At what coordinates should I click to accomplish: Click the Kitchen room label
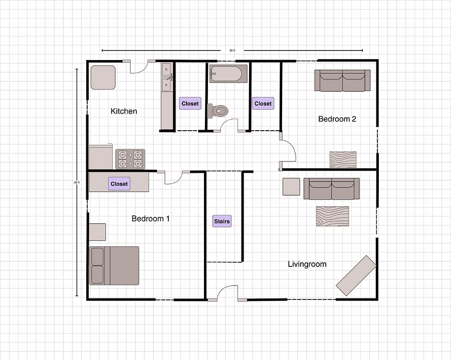point(124,111)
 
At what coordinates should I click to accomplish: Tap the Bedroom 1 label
point(150,219)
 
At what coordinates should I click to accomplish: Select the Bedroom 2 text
point(337,119)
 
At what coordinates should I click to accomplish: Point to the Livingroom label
point(307,264)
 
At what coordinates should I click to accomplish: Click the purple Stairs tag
point(222,221)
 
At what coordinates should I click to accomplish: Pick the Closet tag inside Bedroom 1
point(119,184)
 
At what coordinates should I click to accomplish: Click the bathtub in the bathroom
point(228,74)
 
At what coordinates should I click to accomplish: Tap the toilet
point(218,111)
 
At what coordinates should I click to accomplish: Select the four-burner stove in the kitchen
point(130,159)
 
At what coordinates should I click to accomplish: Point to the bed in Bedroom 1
point(114,266)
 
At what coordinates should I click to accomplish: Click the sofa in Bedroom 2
point(342,81)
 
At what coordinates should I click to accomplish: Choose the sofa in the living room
point(332,188)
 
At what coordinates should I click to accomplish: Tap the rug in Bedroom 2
point(343,160)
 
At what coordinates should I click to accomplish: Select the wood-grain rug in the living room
point(333,216)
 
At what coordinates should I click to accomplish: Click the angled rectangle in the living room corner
point(356,275)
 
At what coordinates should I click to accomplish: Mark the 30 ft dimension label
point(232,51)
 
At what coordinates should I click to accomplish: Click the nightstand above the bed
point(97,232)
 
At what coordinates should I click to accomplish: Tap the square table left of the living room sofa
point(291,187)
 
